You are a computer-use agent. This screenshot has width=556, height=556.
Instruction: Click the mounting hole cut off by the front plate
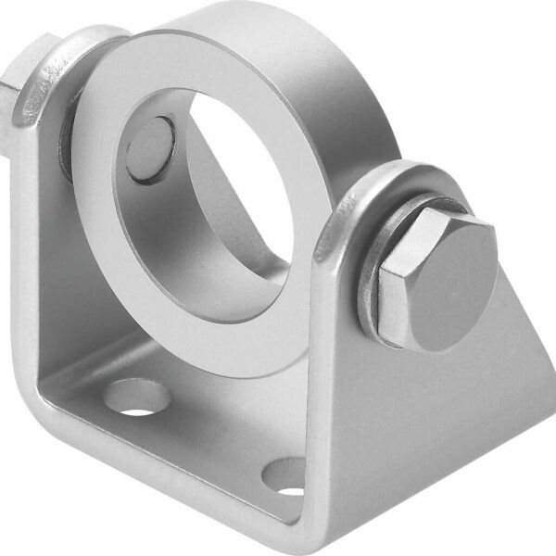click(x=286, y=477)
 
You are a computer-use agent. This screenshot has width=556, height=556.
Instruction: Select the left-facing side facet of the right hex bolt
click(x=389, y=278)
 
